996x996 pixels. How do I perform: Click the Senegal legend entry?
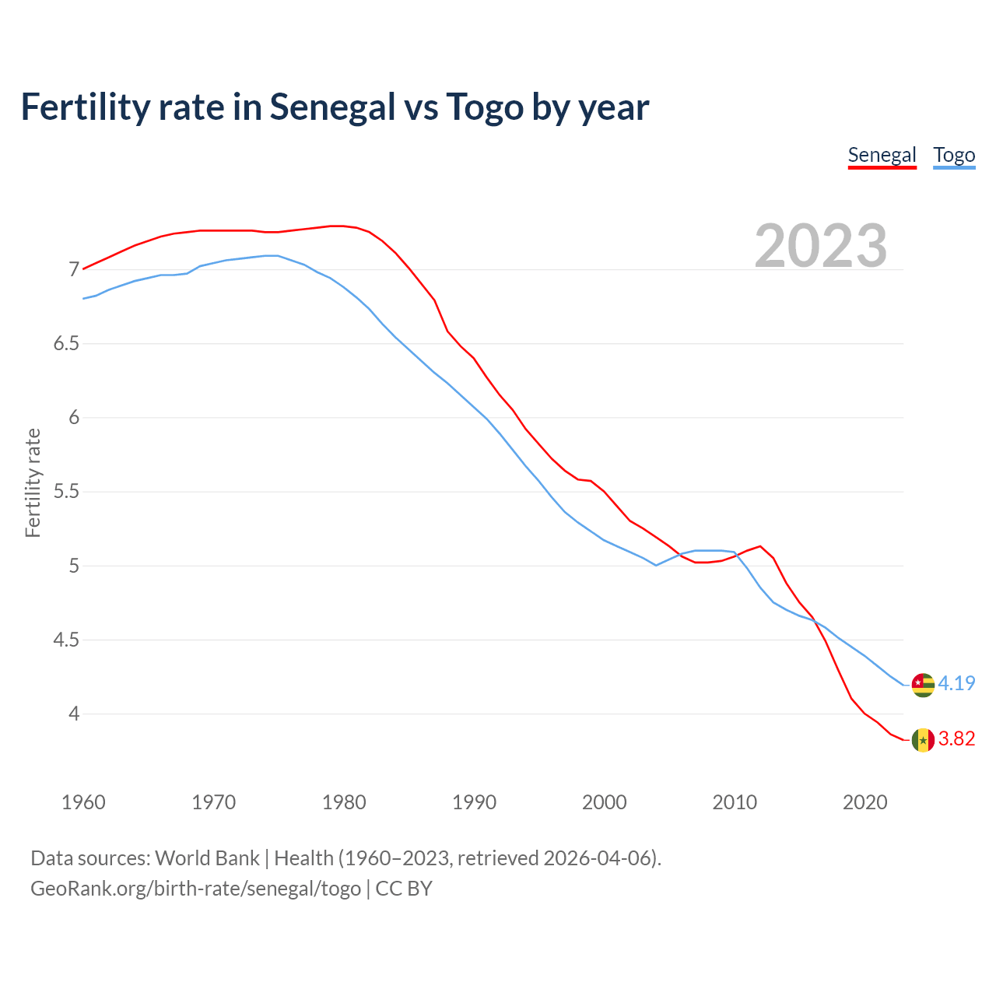coord(882,155)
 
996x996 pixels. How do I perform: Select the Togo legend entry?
coord(954,155)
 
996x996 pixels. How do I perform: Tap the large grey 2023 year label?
coord(820,246)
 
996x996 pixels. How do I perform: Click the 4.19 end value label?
coord(956,683)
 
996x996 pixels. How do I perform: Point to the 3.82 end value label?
coord(956,738)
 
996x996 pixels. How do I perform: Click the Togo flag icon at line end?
coord(923,685)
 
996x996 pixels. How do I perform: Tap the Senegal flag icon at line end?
coord(923,740)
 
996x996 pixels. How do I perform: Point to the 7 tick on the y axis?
coord(75,270)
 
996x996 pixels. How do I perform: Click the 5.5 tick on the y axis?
coord(66,492)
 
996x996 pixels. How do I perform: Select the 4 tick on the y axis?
coord(75,714)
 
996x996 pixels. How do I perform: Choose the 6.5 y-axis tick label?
coord(66,344)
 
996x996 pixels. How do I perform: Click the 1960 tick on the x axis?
coord(83,802)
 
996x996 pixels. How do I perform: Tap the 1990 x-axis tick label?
coord(474,802)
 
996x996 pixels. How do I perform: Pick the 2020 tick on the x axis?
coord(864,802)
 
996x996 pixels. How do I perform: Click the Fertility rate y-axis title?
coord(33,482)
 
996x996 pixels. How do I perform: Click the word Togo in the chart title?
coord(485,107)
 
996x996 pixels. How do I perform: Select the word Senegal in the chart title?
coord(332,107)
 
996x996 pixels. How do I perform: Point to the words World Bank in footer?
coord(207,858)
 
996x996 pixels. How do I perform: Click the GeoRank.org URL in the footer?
coord(195,889)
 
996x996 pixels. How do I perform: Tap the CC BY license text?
coord(403,889)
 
